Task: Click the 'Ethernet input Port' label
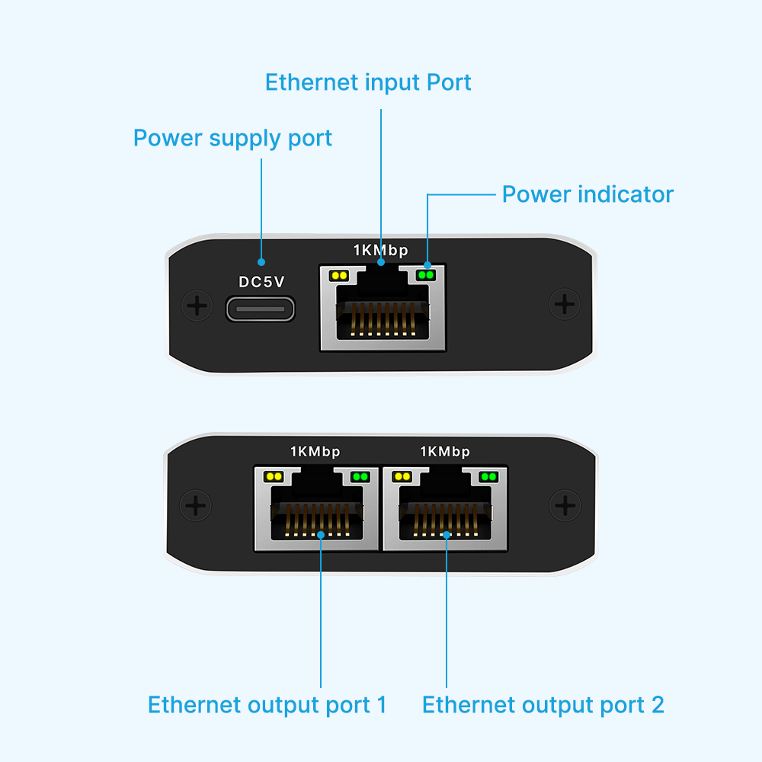[x=368, y=82]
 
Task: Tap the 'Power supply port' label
[x=232, y=139]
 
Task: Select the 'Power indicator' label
[x=588, y=194]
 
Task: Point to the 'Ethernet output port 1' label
[x=267, y=705]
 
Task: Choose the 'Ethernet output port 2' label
[x=543, y=705]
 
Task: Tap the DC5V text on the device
[x=261, y=282]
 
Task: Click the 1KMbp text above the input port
[x=380, y=250]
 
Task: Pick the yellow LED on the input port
[x=339, y=276]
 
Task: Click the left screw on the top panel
[x=197, y=306]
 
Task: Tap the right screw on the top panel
[x=565, y=304]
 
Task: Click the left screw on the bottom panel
[x=196, y=506]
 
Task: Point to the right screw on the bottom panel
[x=565, y=505]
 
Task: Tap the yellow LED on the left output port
[x=273, y=477]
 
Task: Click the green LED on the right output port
[x=488, y=477]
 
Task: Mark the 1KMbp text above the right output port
[x=445, y=452]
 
